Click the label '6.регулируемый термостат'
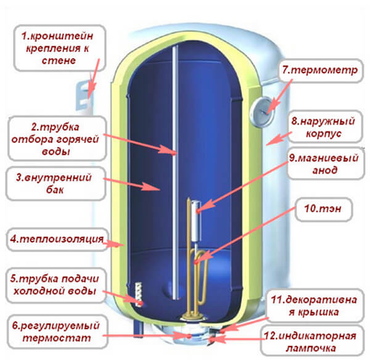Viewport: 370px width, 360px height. pyautogui.click(x=54, y=330)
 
